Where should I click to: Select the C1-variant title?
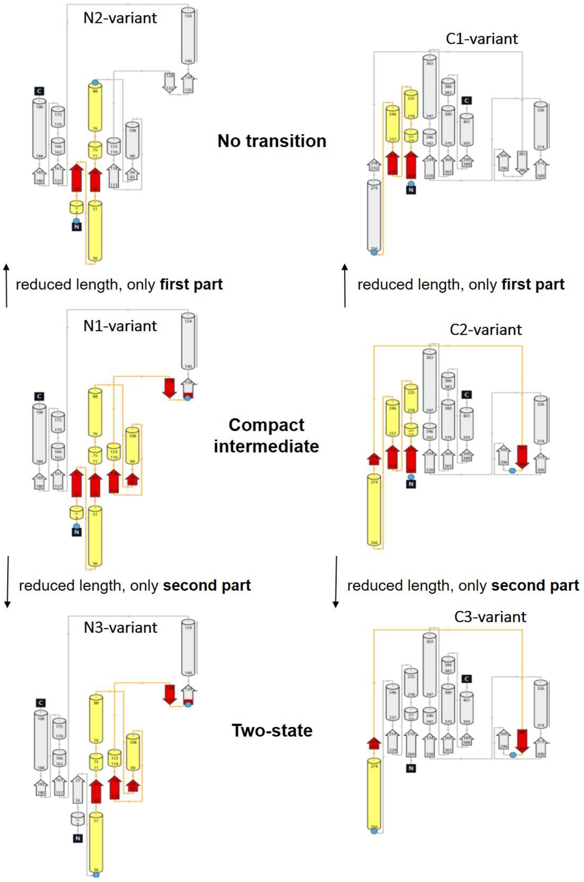[x=482, y=39]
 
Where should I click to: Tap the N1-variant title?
[x=120, y=326]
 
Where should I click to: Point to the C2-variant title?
[x=486, y=330]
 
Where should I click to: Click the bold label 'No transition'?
[x=272, y=141]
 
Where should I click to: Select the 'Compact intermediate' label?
[x=266, y=436]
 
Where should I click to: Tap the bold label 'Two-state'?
[x=272, y=730]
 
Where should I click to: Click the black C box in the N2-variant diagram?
[x=39, y=91]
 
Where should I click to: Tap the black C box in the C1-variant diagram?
[x=466, y=100]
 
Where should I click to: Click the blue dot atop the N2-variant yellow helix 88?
[x=95, y=82]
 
